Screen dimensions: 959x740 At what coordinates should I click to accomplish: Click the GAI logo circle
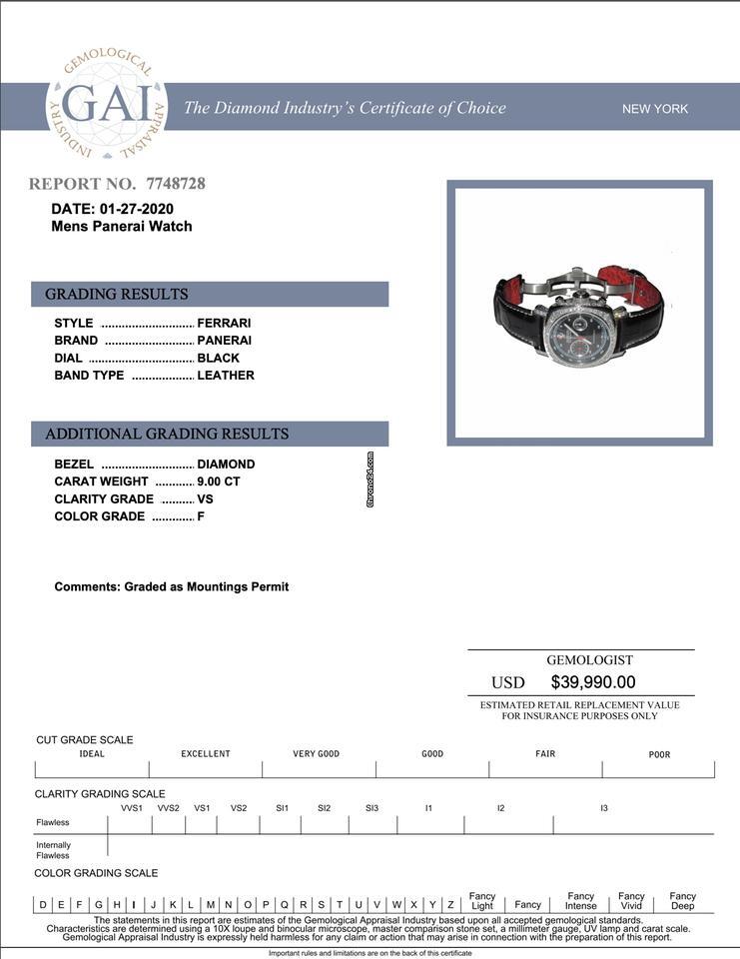(107, 104)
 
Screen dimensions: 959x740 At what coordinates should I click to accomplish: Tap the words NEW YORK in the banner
(655, 109)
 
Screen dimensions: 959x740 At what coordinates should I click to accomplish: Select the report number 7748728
(176, 184)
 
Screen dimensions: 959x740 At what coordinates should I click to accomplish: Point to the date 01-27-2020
(137, 209)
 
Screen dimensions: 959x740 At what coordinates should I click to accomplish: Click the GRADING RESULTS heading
(116, 294)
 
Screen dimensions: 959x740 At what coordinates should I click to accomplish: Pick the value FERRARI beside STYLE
(224, 323)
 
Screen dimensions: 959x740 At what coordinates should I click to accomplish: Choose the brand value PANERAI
(224, 341)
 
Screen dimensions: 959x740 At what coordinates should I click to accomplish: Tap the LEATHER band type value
(226, 376)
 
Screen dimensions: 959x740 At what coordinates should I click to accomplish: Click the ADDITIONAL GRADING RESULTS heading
(167, 434)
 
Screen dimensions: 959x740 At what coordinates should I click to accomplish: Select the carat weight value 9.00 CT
(219, 481)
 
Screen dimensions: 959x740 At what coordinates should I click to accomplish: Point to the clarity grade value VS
(206, 498)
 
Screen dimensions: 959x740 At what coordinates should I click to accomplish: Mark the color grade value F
(201, 516)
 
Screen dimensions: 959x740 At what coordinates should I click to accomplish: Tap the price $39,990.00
(593, 682)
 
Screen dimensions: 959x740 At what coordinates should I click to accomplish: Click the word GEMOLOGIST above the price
(589, 660)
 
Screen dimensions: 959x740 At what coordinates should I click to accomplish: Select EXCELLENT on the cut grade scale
(206, 754)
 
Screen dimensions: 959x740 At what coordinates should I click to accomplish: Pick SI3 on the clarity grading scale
(371, 807)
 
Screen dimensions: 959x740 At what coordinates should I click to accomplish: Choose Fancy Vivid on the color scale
(631, 901)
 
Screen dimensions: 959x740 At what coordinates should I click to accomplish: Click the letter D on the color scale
(43, 905)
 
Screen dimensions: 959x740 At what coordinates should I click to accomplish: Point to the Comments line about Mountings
(172, 586)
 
